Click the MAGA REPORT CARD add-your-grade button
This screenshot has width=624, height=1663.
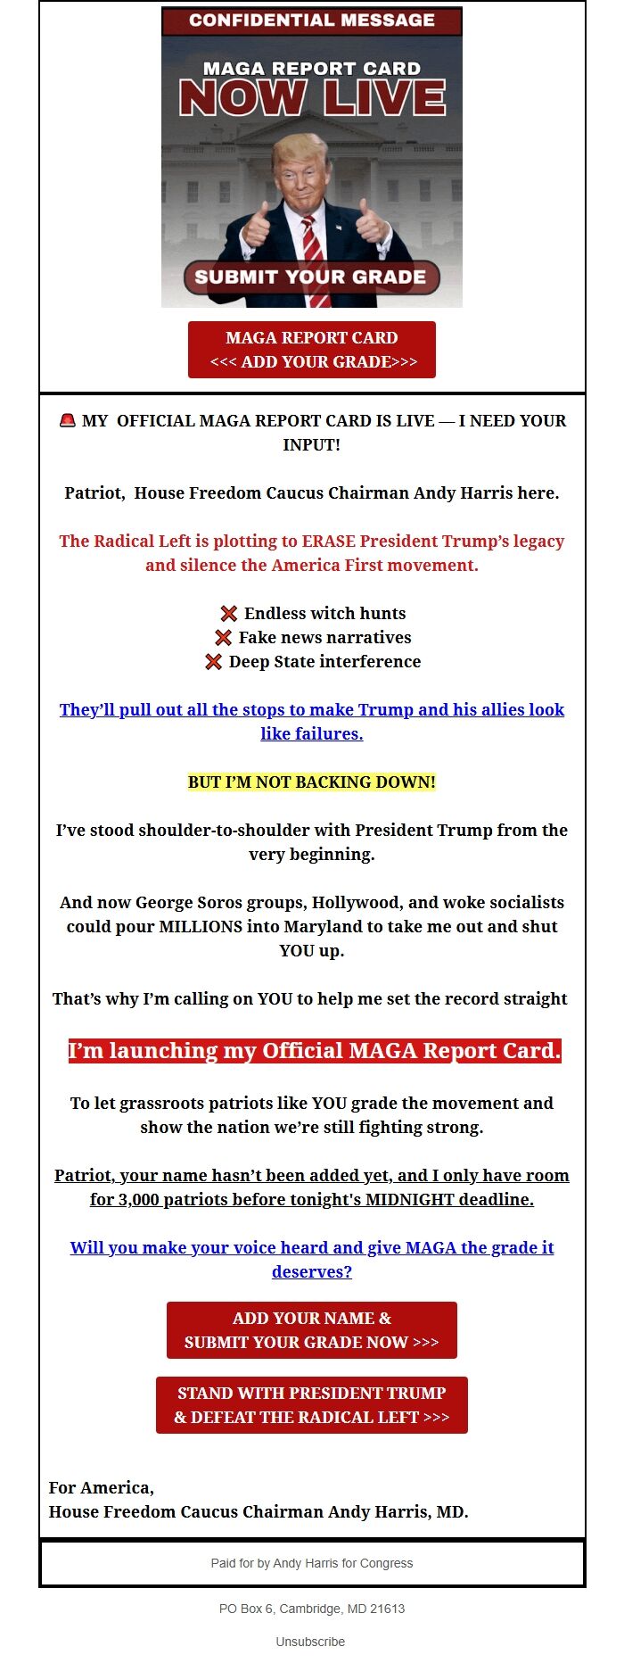pos(311,350)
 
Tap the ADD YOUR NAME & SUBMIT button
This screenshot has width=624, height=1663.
pos(311,1330)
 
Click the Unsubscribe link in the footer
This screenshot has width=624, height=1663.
pos(310,1642)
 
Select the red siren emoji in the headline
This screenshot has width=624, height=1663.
pos(68,420)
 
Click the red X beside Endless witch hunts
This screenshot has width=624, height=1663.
pos(229,614)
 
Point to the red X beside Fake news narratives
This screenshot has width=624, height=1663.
pos(224,638)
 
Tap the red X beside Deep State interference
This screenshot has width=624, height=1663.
pos(214,662)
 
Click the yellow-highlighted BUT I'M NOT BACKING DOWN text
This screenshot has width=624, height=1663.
pos(311,782)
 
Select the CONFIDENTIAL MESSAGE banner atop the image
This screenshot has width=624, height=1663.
pos(311,21)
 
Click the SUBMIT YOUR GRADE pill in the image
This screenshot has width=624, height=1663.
pos(311,277)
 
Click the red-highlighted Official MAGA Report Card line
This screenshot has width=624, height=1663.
pos(315,1051)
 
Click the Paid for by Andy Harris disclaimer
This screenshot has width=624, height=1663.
pos(311,1563)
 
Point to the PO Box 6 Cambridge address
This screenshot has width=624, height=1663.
pos(311,1609)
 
